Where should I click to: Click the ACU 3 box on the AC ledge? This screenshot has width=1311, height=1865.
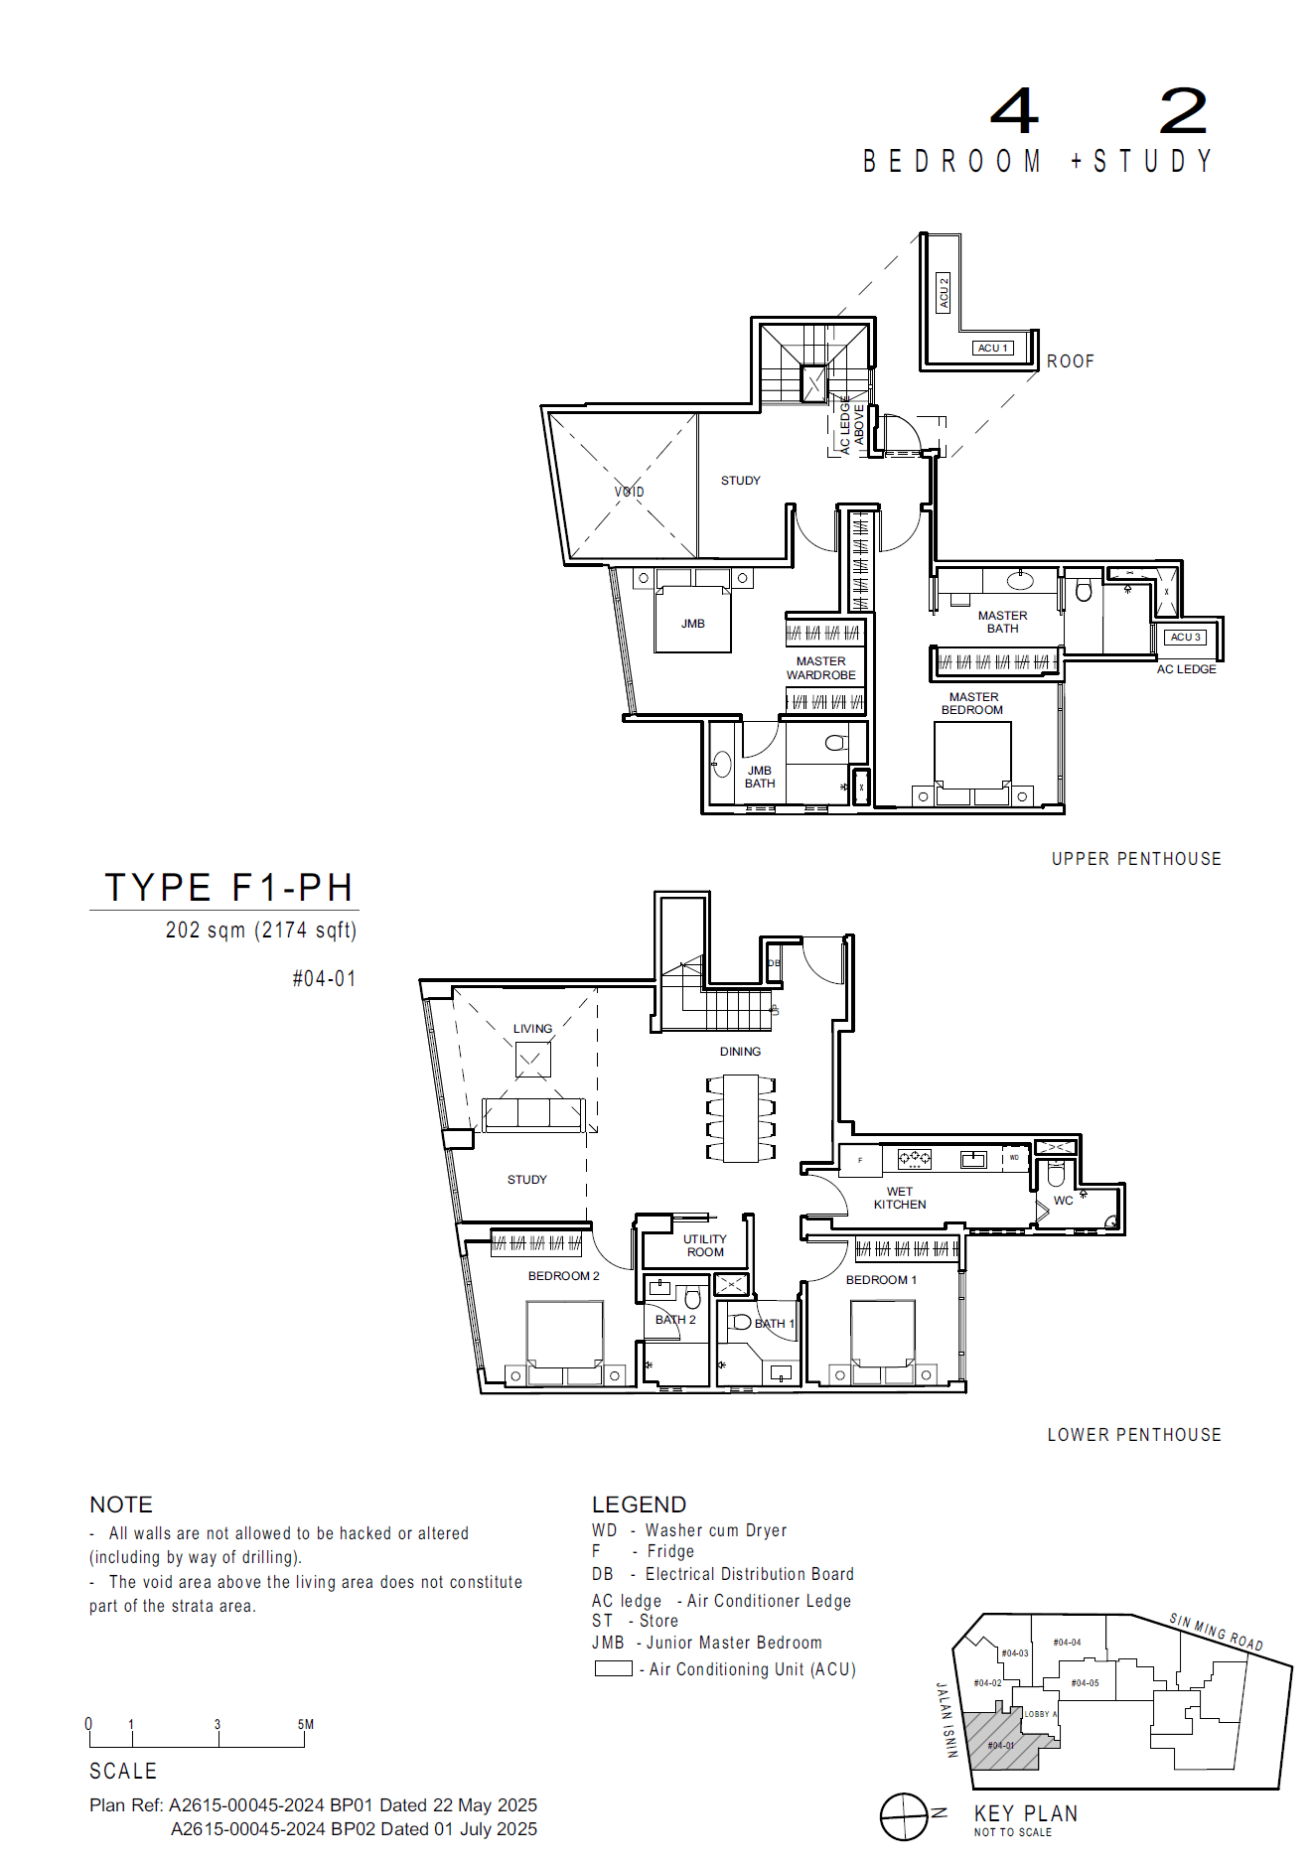[1185, 637]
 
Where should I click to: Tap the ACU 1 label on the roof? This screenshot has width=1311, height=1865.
[992, 348]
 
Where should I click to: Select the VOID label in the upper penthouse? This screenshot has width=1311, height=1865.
[629, 492]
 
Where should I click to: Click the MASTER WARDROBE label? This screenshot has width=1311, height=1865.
[820, 667]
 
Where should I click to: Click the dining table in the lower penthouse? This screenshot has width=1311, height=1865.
[741, 1118]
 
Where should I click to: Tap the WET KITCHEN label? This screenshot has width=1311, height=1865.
[900, 1198]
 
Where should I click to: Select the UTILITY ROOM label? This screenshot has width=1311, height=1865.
[705, 1245]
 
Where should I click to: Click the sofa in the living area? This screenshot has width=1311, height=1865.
[532, 1114]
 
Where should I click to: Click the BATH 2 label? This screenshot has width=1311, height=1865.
[675, 1320]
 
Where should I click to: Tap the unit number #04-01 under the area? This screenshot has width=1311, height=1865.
[324, 978]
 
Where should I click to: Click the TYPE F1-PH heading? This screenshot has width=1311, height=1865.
[228, 887]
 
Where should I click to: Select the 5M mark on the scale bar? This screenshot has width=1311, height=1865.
[305, 1725]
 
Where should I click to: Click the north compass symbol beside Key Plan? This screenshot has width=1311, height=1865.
[904, 1817]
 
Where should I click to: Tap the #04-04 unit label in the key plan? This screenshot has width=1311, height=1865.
[1067, 1643]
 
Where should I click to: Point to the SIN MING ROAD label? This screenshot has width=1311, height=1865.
[1216, 1632]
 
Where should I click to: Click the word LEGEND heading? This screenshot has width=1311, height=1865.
[639, 1505]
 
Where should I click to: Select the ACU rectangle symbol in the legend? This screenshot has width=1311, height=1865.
[613, 1668]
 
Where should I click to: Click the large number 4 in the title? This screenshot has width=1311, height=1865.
[1014, 111]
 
